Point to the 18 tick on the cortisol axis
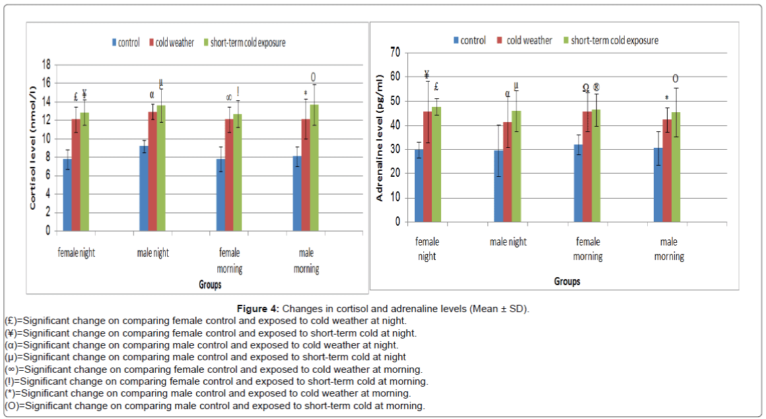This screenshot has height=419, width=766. [46, 65]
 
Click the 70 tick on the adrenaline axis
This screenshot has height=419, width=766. [396, 52]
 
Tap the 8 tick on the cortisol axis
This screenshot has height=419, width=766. [47, 157]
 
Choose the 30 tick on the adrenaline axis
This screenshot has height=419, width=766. [396, 150]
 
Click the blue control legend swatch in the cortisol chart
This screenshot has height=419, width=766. [114, 43]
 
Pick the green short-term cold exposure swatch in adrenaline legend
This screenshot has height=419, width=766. [565, 41]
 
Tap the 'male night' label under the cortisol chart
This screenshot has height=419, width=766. [153, 253]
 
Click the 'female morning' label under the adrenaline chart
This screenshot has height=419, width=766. [588, 249]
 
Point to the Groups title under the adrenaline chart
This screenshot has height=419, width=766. [567, 282]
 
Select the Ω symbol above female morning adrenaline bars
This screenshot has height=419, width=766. [585, 88]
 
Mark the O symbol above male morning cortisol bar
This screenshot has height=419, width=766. [312, 76]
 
